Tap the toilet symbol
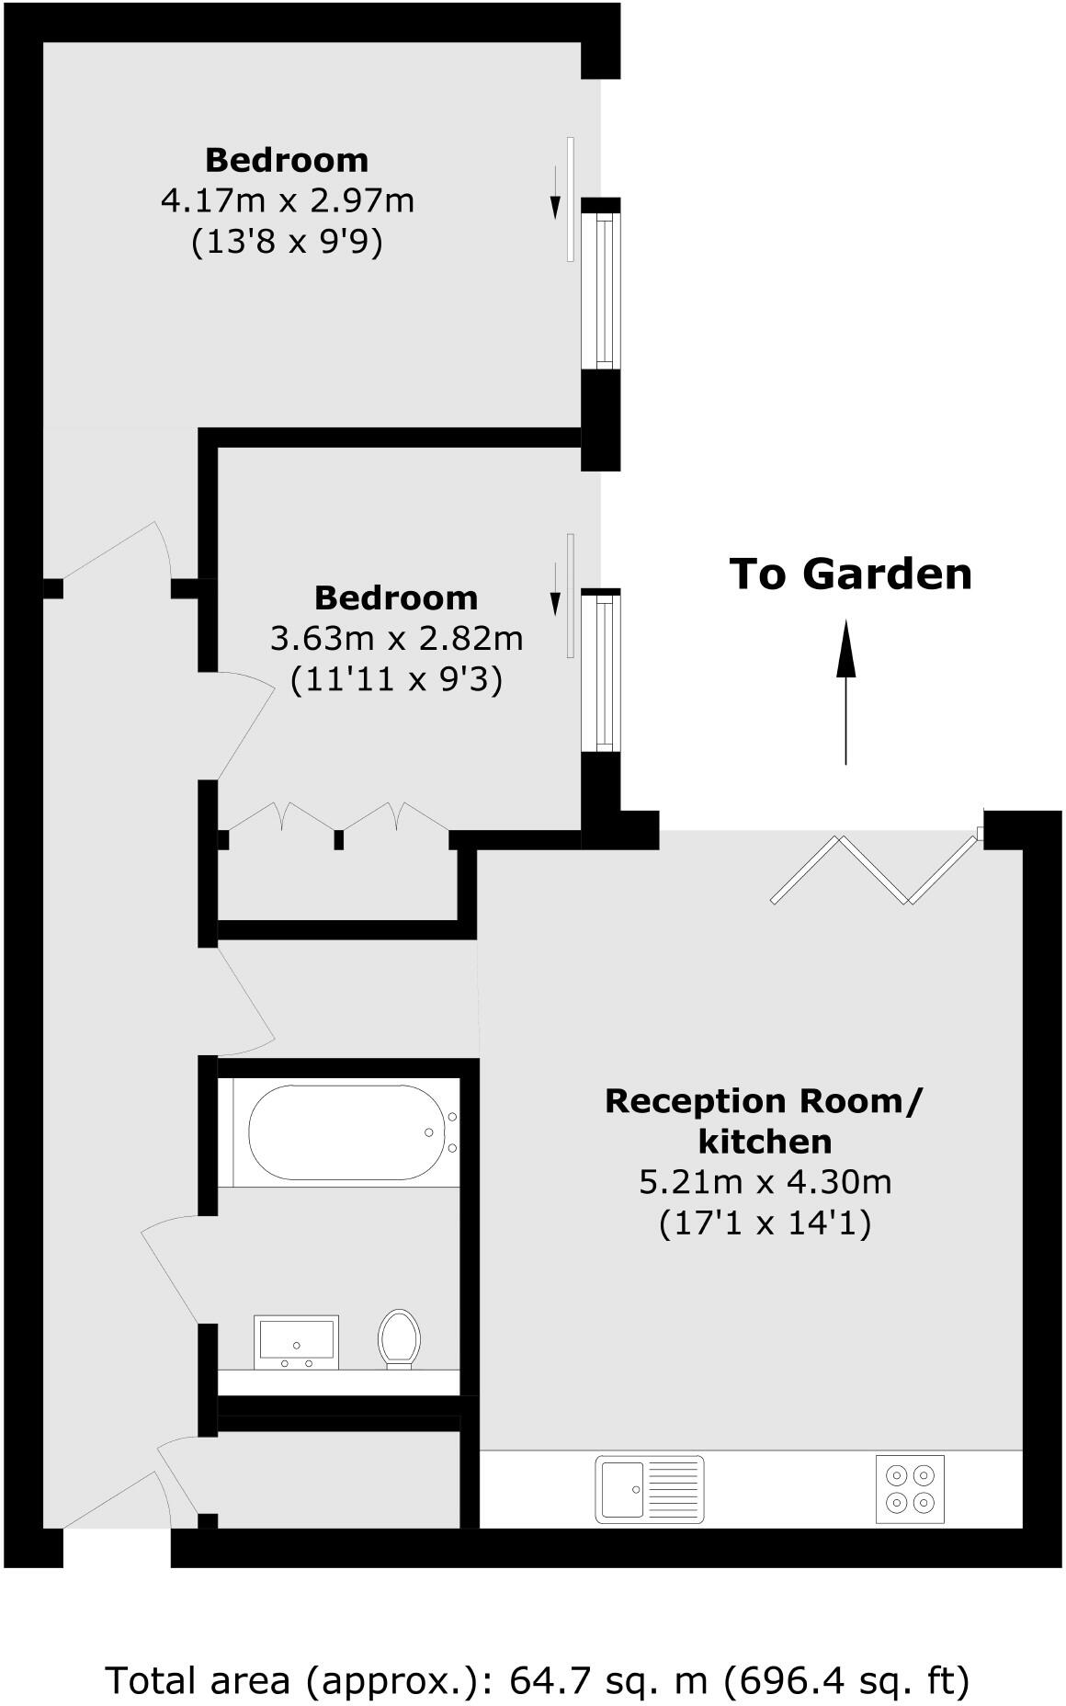399,1338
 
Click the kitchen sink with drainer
649,1488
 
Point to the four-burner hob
909,1489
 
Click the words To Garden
850,574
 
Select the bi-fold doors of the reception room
873,869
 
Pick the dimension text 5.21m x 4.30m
765,1181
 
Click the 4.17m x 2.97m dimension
287,199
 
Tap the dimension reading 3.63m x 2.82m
396,637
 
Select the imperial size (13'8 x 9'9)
287,242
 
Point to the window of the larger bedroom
603,290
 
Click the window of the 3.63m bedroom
603,671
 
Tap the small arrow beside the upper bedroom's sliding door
555,196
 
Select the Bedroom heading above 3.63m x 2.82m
396,597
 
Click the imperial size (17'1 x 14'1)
765,1223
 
